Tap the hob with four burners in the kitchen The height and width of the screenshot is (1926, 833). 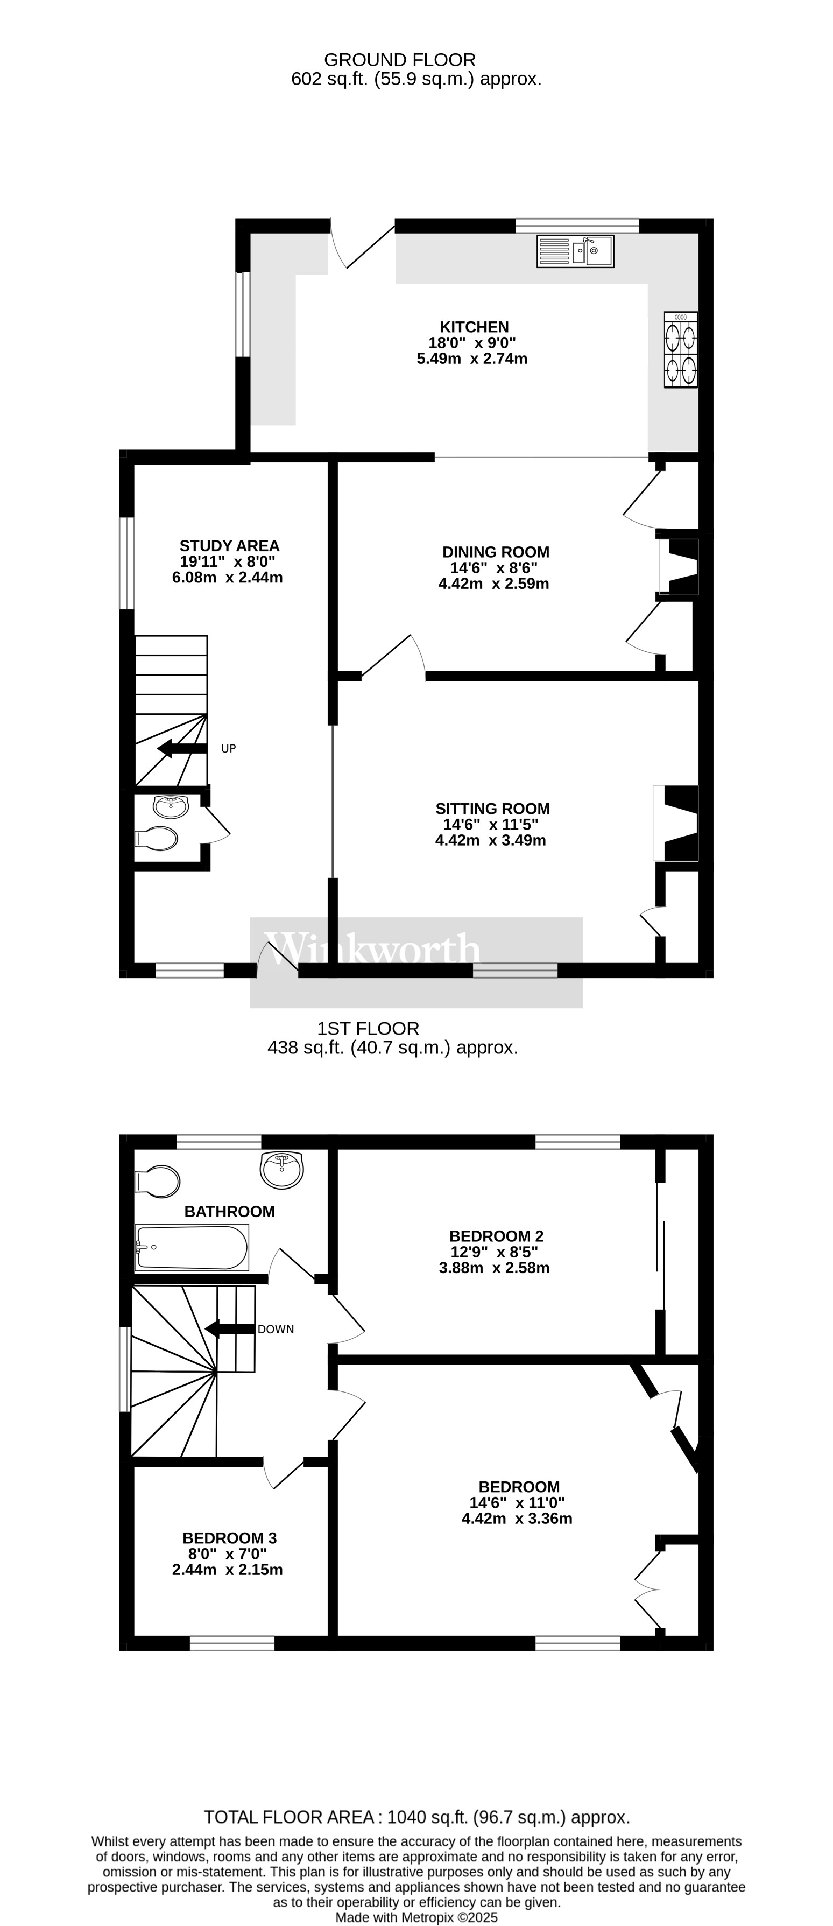(x=681, y=350)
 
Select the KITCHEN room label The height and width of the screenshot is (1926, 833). (x=474, y=327)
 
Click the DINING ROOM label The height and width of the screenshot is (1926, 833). (x=495, y=552)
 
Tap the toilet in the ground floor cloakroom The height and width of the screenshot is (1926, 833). (x=157, y=839)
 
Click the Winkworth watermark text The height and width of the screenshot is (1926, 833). (x=372, y=950)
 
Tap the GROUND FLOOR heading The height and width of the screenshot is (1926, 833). (x=399, y=60)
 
